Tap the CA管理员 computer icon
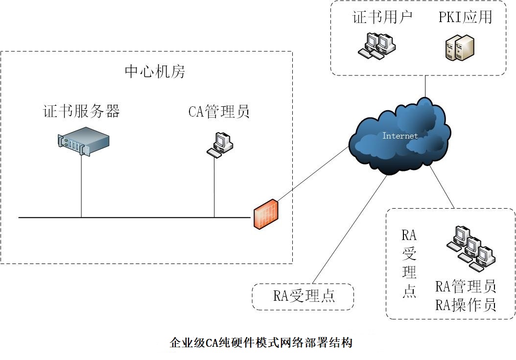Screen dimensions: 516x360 tap(219, 145)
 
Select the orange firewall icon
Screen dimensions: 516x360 tap(266, 214)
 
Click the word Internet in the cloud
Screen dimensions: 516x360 tap(400, 136)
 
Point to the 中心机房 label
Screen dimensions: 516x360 tap(155, 72)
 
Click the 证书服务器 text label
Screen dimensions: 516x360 tap(81, 111)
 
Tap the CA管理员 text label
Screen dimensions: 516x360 tap(219, 112)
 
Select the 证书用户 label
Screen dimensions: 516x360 tap(382, 17)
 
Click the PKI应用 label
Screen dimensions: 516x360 tap(465, 17)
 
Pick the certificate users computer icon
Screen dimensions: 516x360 tap(376, 46)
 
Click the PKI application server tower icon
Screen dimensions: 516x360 tap(460, 48)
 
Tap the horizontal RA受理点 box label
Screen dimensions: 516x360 tap(304, 296)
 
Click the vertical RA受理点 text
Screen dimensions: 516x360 tap(409, 263)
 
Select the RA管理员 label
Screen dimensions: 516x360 tap(466, 286)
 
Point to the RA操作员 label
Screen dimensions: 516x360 tap(466, 305)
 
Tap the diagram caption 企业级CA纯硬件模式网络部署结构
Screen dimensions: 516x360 tap(261, 342)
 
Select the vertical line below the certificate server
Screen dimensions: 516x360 tap(81, 186)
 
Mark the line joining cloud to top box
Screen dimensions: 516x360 tap(425, 87)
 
